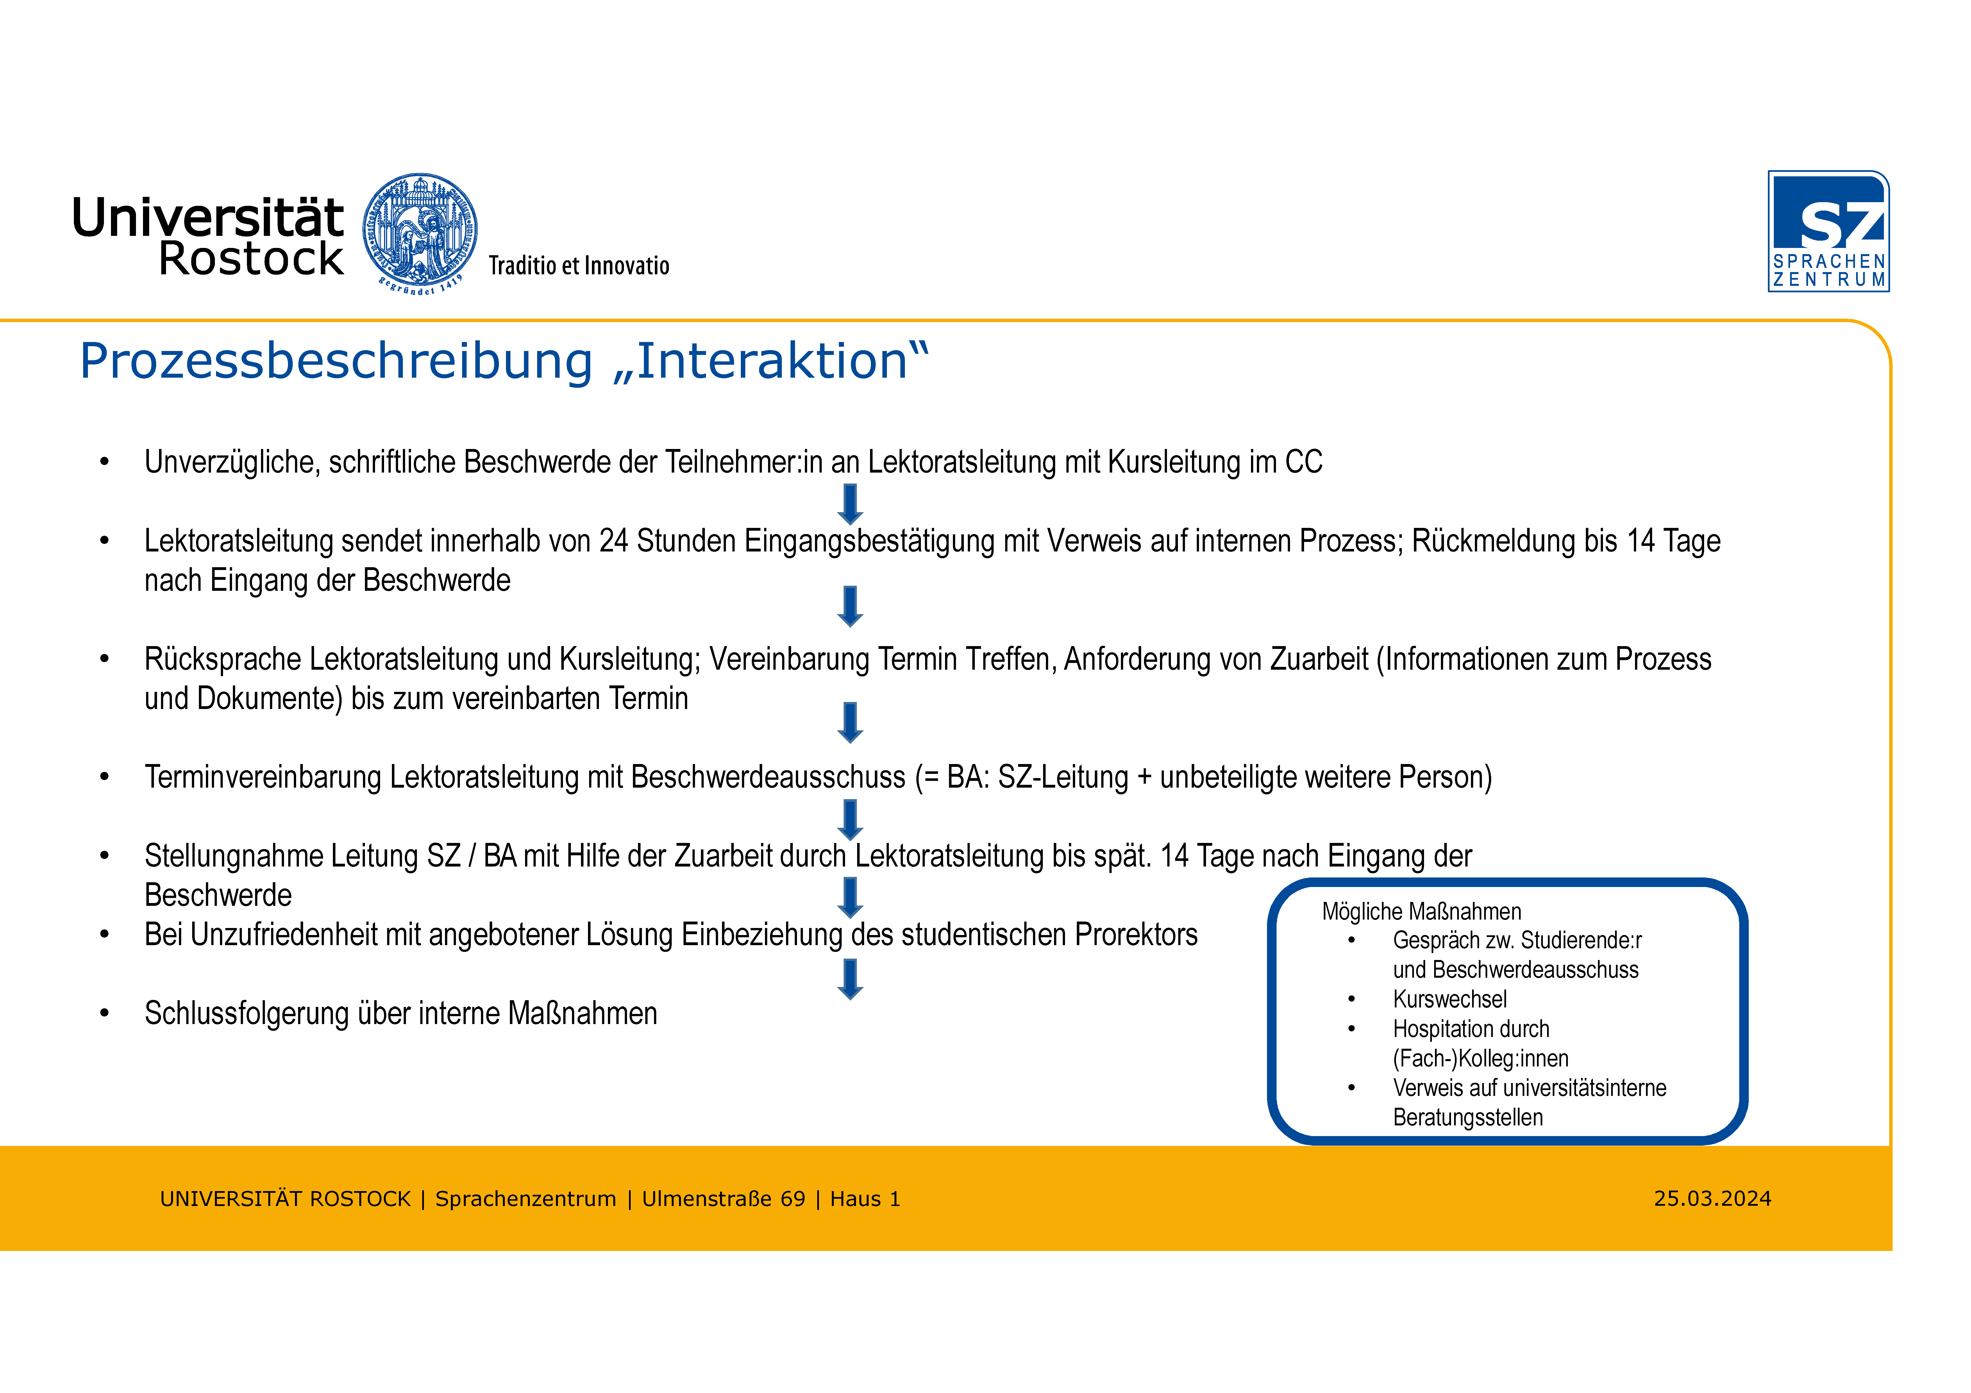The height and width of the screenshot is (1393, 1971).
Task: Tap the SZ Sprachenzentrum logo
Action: [1829, 231]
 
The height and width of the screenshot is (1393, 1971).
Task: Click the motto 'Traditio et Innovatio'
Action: [579, 265]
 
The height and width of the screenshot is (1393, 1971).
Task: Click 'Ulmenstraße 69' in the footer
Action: [724, 1199]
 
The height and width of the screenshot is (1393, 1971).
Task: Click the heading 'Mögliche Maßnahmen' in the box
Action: [1422, 911]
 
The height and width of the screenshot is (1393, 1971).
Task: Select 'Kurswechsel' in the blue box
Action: [1450, 999]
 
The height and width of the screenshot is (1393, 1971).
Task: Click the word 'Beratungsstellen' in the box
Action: [1468, 1118]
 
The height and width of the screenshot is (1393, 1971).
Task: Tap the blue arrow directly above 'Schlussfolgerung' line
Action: [850, 979]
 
